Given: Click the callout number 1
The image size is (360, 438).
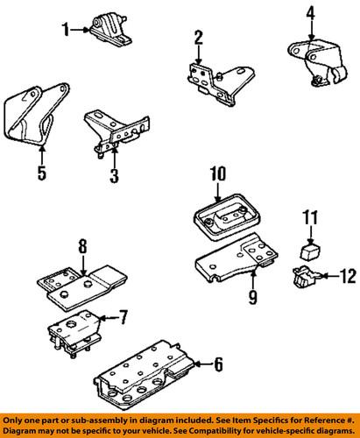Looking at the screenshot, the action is [x=66, y=30].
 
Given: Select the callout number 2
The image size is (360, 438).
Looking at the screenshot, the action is [x=199, y=38].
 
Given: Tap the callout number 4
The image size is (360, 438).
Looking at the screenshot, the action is [x=311, y=13].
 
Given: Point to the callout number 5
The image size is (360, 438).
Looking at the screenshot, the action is [x=42, y=173].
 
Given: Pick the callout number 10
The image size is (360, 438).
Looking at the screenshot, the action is [x=218, y=173].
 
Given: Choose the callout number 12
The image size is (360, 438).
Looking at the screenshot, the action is [x=348, y=276].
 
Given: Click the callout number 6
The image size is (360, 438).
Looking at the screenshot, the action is [x=219, y=364].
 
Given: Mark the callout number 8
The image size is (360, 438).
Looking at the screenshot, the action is [x=83, y=247].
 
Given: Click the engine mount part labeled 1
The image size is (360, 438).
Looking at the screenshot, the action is [x=110, y=31].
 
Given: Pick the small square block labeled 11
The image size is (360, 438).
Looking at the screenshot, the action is [x=310, y=251].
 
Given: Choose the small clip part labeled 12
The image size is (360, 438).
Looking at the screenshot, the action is [x=305, y=277].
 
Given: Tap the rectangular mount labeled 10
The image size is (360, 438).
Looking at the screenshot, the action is [x=227, y=217].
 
